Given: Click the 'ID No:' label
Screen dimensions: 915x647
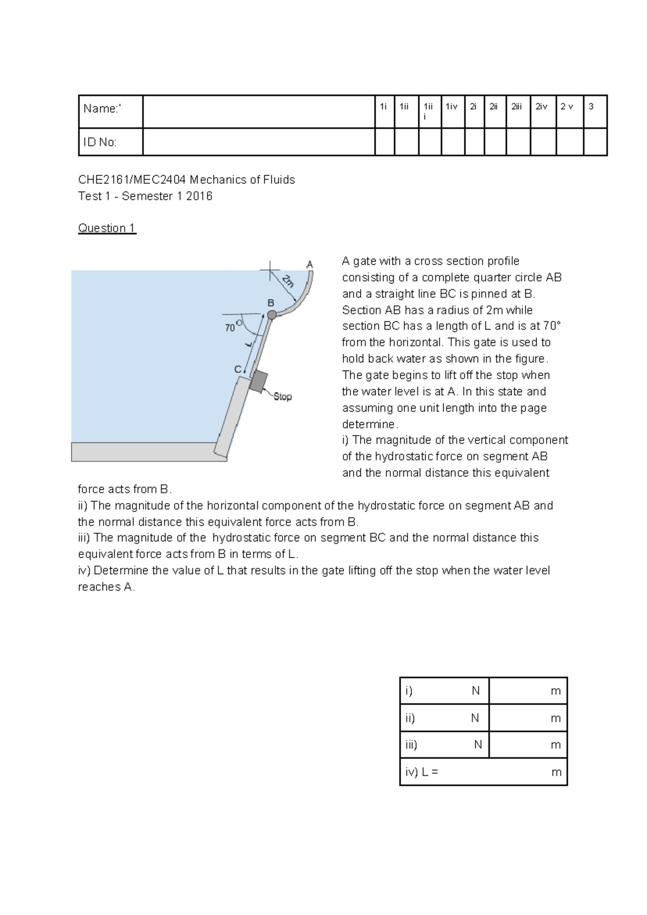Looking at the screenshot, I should [100, 142].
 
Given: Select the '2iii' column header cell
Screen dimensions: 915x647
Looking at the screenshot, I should [518, 107].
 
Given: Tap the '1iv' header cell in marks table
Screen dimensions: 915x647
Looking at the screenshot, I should [452, 107].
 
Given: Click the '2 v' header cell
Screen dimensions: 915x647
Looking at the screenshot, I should [567, 107].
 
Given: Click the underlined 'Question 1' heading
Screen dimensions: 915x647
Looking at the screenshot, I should [107, 228].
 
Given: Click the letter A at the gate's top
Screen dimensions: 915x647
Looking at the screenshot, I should [309, 264].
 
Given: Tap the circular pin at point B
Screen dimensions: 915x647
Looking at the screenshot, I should [272, 314].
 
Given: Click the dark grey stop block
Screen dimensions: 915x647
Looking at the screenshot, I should [258, 381].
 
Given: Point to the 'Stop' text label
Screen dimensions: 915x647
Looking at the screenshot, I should [283, 397].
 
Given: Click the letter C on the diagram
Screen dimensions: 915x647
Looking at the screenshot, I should [237, 369].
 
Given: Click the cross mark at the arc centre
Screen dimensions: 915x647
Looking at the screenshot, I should [270, 270].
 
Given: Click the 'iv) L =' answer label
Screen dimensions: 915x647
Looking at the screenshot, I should [422, 772].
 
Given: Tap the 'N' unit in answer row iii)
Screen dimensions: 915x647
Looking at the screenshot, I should [478, 745].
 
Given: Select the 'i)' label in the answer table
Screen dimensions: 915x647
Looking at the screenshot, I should [409, 691].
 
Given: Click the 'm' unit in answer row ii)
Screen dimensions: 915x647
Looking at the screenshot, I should [555, 718].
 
